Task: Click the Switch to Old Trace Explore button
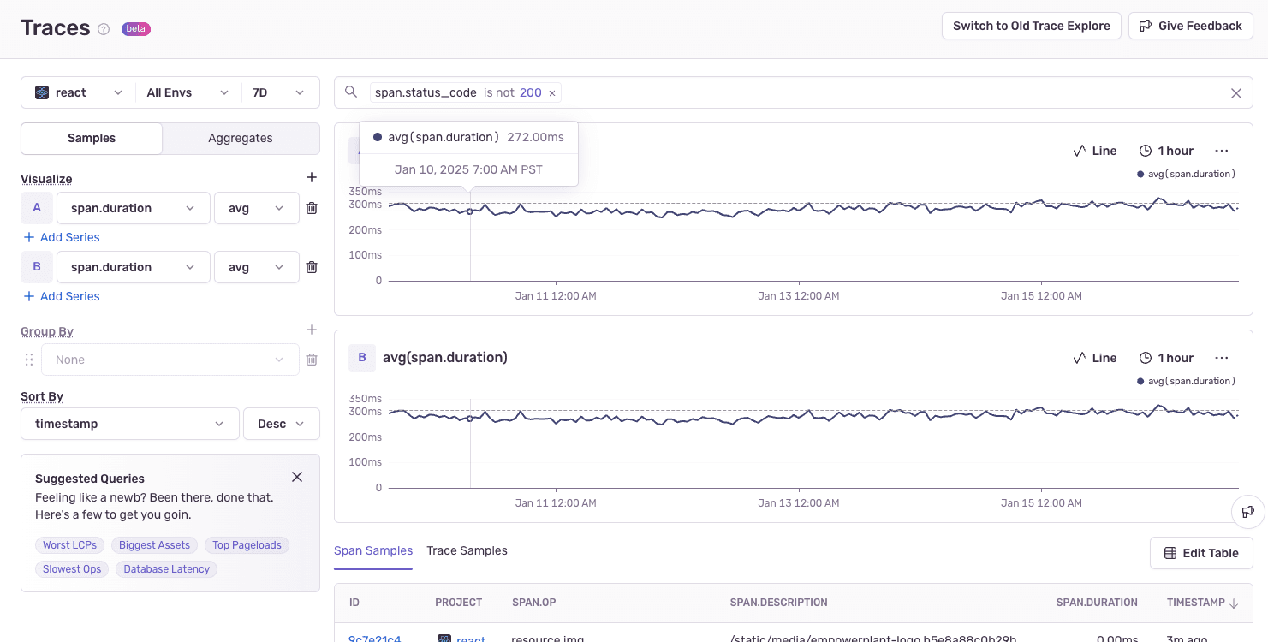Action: [x=1031, y=26]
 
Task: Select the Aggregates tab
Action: [x=240, y=138]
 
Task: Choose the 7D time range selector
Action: [x=278, y=92]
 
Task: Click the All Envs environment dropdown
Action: [x=188, y=92]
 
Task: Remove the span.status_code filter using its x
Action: [x=552, y=93]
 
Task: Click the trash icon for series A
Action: [x=312, y=208]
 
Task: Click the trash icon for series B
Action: [x=312, y=267]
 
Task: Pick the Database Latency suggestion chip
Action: [x=167, y=569]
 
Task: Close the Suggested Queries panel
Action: [x=297, y=477]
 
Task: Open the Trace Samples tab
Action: [x=467, y=550]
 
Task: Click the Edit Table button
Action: [x=1201, y=553]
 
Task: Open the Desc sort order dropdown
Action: [x=282, y=424]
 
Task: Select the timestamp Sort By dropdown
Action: [x=129, y=424]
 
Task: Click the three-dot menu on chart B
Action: [x=1222, y=358]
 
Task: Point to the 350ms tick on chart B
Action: [x=365, y=399]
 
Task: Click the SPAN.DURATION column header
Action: [x=1097, y=603]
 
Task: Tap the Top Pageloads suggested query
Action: [x=247, y=545]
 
